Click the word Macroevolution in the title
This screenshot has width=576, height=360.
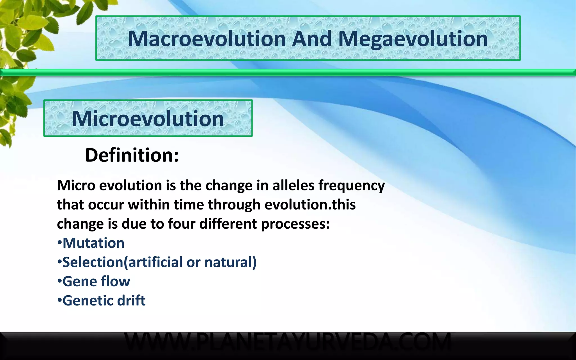[x=207, y=39]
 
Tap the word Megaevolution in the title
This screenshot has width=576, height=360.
[x=413, y=39]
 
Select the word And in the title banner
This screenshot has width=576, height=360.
[x=312, y=39]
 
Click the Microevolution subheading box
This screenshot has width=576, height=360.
[x=148, y=118]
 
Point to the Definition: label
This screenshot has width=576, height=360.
[x=132, y=155]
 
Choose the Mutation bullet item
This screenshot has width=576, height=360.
[x=93, y=243]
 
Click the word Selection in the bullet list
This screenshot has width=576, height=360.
[x=93, y=262]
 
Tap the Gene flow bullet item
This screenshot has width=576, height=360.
[x=96, y=281]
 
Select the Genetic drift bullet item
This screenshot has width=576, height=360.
[x=103, y=300]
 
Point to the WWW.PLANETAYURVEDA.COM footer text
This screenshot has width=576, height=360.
[x=287, y=341]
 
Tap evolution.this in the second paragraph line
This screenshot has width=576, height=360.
[x=310, y=204]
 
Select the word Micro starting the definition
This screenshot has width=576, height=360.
[x=76, y=185]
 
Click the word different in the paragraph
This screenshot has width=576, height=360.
[x=228, y=224]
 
